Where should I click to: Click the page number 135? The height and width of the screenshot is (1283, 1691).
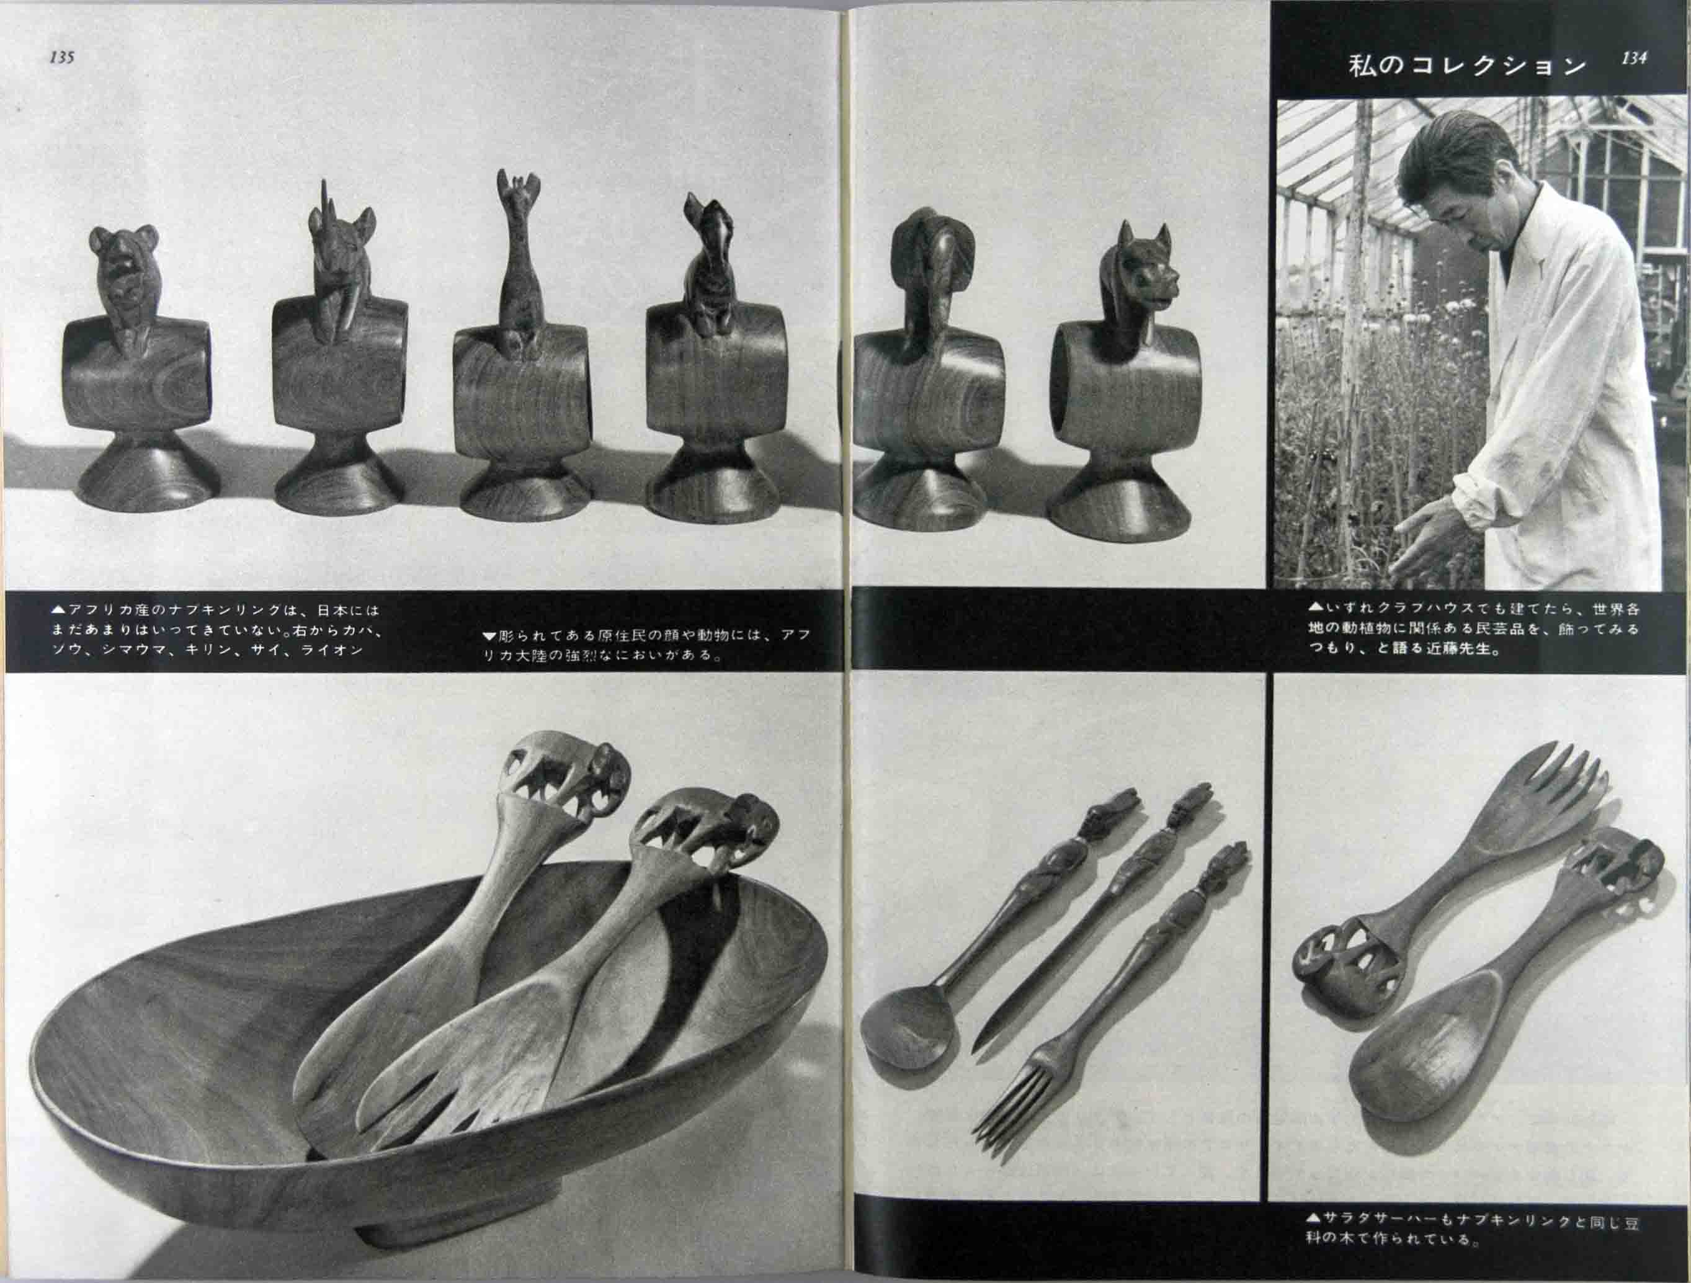click(x=62, y=57)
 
